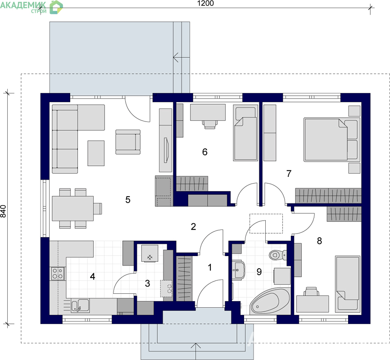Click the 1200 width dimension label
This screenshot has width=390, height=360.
point(205,3)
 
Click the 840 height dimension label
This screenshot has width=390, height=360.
point(3,211)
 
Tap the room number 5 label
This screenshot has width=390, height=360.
point(128,200)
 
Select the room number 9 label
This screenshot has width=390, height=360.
point(259,272)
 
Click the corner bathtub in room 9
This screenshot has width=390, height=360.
point(270,302)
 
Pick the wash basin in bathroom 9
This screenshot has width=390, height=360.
point(239,270)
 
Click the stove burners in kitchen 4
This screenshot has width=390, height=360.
point(58,274)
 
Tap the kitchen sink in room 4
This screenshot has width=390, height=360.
point(80,306)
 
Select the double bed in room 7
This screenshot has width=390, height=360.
point(332,139)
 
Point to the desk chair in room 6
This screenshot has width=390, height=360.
point(209,124)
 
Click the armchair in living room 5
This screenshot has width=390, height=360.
point(128,142)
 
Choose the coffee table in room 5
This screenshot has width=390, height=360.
point(96,153)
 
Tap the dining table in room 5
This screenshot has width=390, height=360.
point(73,208)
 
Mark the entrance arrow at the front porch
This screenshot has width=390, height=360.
point(196,351)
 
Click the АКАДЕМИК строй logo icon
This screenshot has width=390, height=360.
point(56,7)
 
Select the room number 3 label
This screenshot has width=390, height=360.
point(148,283)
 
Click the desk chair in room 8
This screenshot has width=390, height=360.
point(311,291)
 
